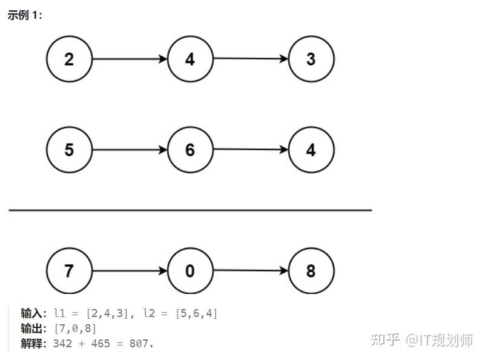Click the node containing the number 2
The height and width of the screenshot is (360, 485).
69,59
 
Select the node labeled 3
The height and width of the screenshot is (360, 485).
311,59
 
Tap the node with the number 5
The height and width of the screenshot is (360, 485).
69,150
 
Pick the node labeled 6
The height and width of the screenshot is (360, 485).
190,150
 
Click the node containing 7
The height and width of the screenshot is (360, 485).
69,270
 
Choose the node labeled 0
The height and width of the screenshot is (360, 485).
190,270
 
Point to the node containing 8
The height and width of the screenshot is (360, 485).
311,270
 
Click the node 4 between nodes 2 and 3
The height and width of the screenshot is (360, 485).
190,59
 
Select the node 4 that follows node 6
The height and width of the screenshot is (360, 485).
311,150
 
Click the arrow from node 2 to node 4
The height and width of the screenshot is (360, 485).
130,59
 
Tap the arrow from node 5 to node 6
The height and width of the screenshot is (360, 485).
130,150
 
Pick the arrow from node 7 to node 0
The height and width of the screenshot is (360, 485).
130,270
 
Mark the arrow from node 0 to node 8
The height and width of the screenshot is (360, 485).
251,270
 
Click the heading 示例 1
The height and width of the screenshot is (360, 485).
25,15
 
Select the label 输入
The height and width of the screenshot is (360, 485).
32,313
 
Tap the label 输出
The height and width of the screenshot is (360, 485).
32,328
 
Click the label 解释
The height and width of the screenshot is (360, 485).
32,344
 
